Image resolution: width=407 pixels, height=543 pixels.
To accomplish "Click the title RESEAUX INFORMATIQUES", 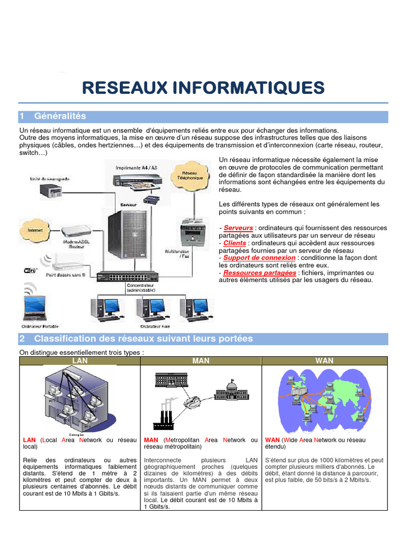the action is (x=203, y=87).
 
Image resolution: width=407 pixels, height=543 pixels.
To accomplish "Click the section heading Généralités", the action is (x=59, y=116).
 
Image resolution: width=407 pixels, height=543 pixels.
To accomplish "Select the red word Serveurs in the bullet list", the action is (x=238, y=228).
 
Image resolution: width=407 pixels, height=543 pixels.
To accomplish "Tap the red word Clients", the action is (x=234, y=243).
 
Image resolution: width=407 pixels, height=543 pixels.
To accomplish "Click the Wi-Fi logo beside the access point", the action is (x=31, y=270).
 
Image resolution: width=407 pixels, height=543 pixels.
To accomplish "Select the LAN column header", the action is (x=79, y=361).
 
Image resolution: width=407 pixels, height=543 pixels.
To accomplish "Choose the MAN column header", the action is (x=201, y=361).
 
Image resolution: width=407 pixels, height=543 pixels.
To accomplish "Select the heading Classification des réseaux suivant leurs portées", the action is (x=143, y=338).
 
